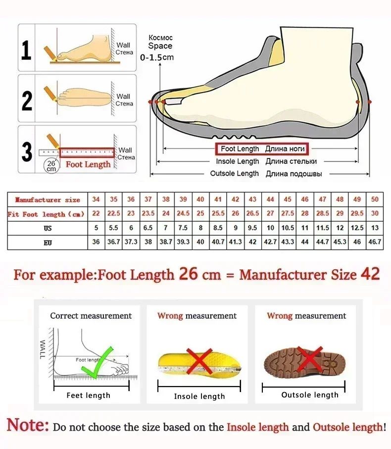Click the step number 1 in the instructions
[27, 50]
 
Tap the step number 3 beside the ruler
[27, 151]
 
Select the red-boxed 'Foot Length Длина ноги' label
[261, 149]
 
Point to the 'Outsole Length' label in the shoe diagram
[234, 173]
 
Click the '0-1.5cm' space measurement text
[157, 57]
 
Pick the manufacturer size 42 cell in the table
[236, 200]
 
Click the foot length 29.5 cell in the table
[357, 213]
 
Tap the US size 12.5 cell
[357, 228]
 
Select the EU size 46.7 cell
[375, 243]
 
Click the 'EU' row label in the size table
[47, 243]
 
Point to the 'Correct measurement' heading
[91, 316]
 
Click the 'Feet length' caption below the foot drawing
[89, 396]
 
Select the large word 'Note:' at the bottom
[28, 425]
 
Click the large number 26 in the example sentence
[188, 274]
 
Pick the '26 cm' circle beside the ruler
[51, 165]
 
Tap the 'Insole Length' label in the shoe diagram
[237, 161]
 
